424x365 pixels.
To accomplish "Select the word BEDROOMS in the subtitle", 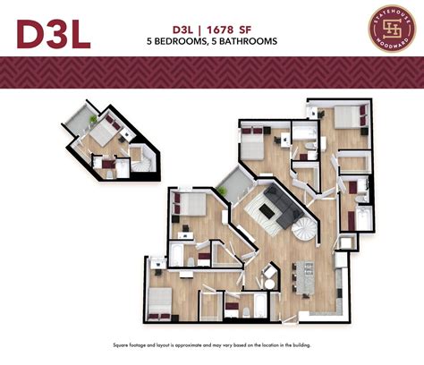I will pos(188,41).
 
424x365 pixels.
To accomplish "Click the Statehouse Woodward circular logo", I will pos(389,29).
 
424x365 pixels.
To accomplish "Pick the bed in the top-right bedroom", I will pos(352,117).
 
